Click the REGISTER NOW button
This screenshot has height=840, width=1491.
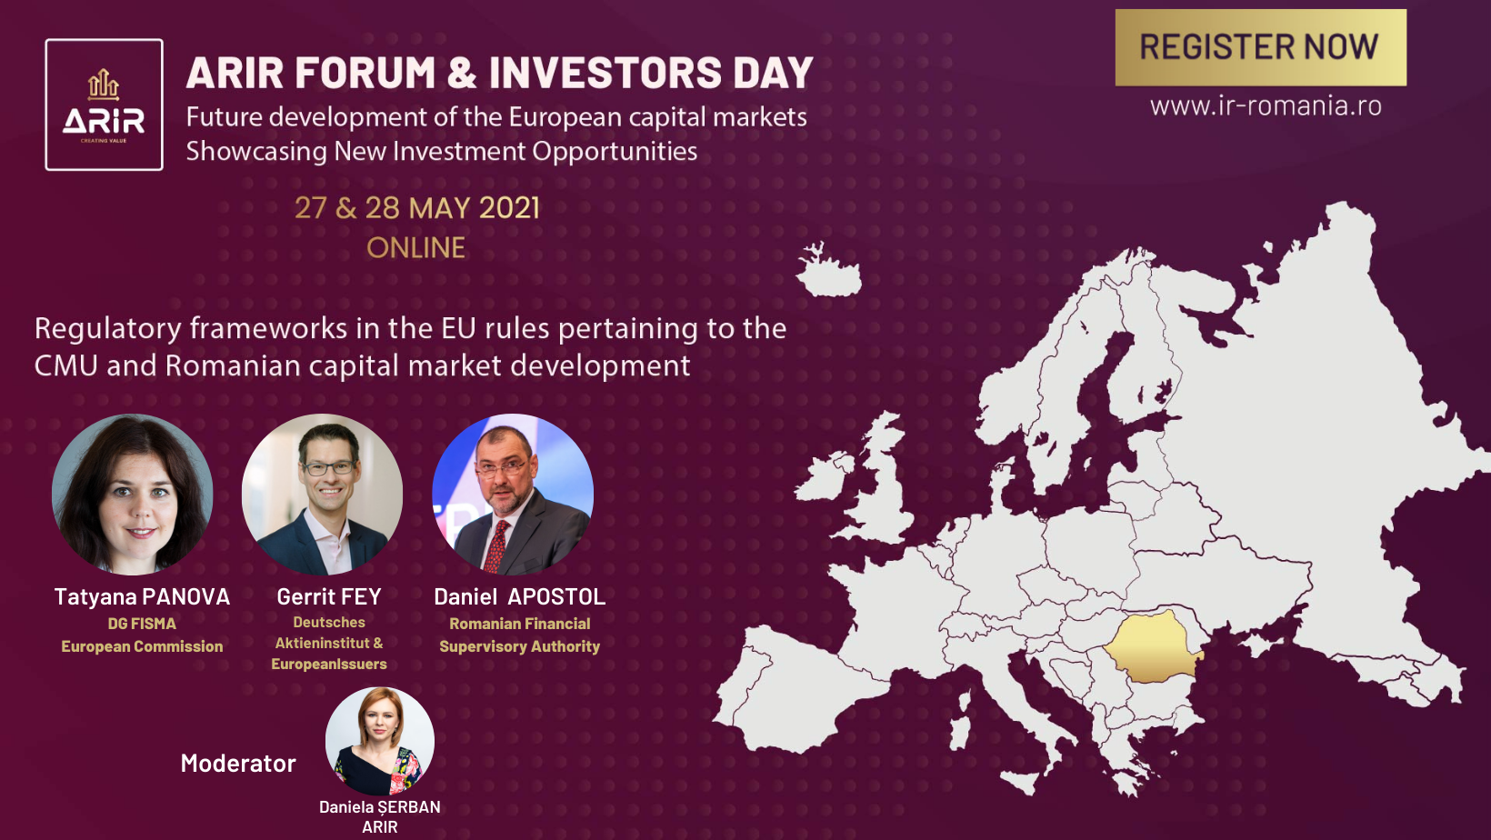click(x=1261, y=47)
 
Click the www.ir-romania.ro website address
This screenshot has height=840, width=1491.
click(x=1266, y=105)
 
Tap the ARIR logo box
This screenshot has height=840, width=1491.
click(x=104, y=105)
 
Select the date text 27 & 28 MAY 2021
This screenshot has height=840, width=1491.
click(x=416, y=207)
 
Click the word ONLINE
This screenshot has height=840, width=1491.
click(x=416, y=247)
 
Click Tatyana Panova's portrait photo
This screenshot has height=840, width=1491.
click(x=133, y=495)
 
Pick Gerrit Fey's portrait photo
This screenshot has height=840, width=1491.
click(x=322, y=495)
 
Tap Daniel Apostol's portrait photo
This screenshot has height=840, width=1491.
click(x=513, y=495)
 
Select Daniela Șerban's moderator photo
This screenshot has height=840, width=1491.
click(x=379, y=741)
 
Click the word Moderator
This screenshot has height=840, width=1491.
click(x=238, y=763)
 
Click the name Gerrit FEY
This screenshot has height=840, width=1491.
click(x=329, y=596)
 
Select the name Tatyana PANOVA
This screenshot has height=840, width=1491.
click(x=142, y=596)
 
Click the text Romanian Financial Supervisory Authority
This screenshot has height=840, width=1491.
click(x=520, y=635)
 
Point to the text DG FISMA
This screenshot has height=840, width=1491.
click(x=142, y=624)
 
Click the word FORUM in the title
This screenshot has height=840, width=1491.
click(x=365, y=73)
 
